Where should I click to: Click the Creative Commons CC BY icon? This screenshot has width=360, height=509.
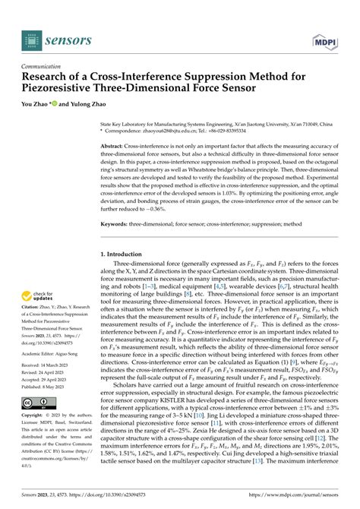(x=36, y=403)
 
